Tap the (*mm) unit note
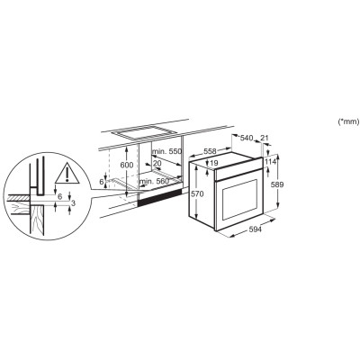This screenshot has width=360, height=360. [347, 121]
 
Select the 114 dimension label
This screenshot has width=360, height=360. [268, 163]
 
